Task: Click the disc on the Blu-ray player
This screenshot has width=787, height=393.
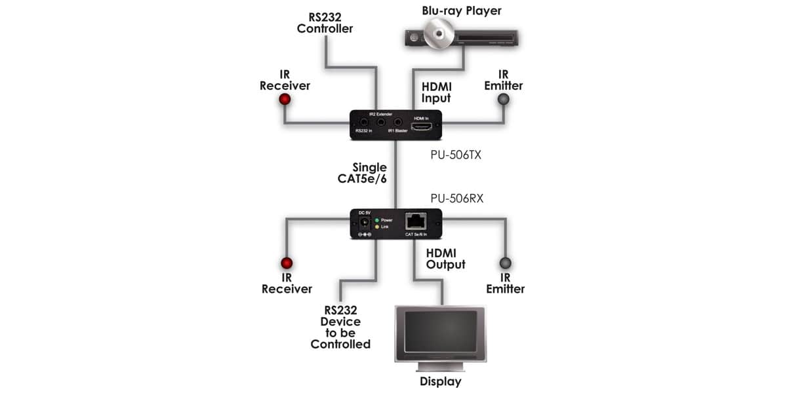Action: pos(439,33)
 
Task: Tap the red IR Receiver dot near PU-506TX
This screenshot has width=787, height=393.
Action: pos(285,100)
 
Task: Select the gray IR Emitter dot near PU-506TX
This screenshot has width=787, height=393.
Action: pos(504,100)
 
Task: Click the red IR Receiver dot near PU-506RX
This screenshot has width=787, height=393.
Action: pos(287,263)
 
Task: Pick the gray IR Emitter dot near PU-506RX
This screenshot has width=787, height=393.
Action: pos(505,263)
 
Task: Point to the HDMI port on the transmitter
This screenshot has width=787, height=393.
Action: pos(421,126)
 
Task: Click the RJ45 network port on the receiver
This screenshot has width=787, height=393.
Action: pos(416,221)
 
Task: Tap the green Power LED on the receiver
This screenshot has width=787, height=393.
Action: pos(377,220)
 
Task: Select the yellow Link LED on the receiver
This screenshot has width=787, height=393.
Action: pos(377,227)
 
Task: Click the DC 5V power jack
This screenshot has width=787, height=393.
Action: pos(365,223)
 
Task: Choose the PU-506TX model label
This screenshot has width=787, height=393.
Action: pos(456,155)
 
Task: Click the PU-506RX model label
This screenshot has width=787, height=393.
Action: pos(456,198)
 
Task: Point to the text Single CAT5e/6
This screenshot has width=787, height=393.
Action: pos(362,173)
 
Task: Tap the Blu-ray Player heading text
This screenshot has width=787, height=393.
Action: pos(462,11)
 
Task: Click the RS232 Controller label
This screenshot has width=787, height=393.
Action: pos(325,23)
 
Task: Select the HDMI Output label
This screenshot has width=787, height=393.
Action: pos(445,259)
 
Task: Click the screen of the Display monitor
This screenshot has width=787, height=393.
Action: pos(441,332)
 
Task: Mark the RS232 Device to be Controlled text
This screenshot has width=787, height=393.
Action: pos(340,327)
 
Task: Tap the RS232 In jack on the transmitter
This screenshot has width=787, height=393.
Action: pos(364,122)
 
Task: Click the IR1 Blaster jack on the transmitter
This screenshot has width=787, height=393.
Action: pos(397,122)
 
